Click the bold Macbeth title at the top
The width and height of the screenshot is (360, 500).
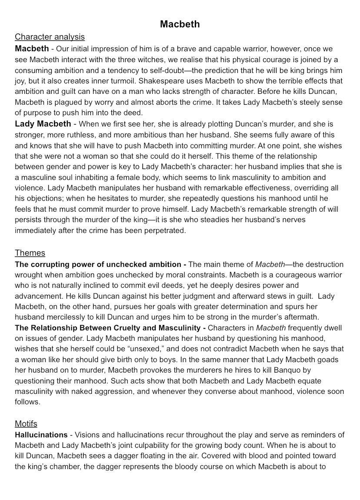point(180,24)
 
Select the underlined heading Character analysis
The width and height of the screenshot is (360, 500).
point(50,37)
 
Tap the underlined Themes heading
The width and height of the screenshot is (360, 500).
point(30,253)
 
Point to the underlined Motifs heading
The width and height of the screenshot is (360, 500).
point(26,424)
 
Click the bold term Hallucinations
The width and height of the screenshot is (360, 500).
point(41,435)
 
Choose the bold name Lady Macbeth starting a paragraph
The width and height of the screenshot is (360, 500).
point(43,124)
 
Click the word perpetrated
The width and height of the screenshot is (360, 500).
point(163,230)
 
